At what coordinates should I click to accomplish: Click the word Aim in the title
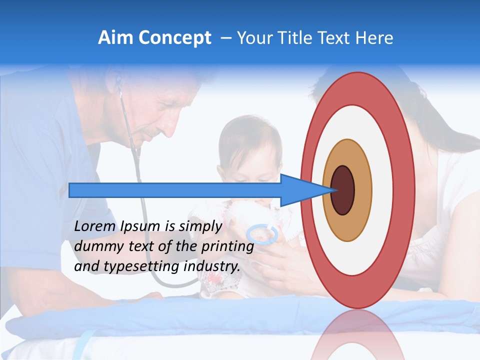point(115,38)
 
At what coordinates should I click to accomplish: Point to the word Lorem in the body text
point(95,226)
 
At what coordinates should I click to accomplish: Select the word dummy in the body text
point(96,246)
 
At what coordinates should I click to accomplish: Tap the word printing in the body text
point(227,246)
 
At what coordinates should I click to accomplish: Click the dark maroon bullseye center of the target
point(343,190)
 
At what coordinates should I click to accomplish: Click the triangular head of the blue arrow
point(300,190)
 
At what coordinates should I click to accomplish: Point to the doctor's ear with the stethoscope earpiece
point(118,80)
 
